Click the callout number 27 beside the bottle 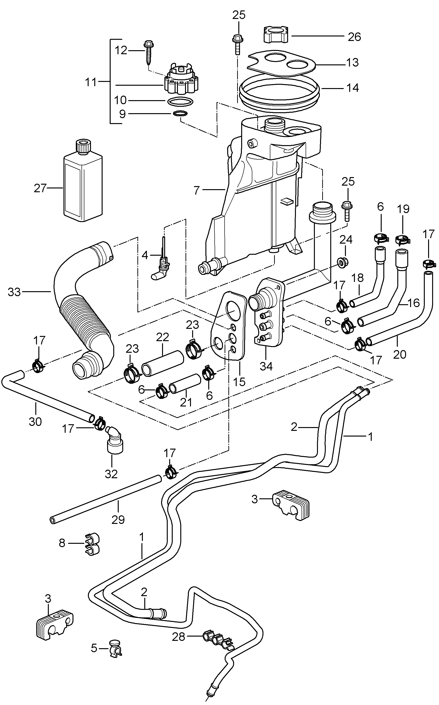(40, 189)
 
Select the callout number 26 (354, 37)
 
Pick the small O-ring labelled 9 (180, 114)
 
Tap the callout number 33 (14, 292)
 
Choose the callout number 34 (266, 366)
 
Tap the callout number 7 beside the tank (197, 190)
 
